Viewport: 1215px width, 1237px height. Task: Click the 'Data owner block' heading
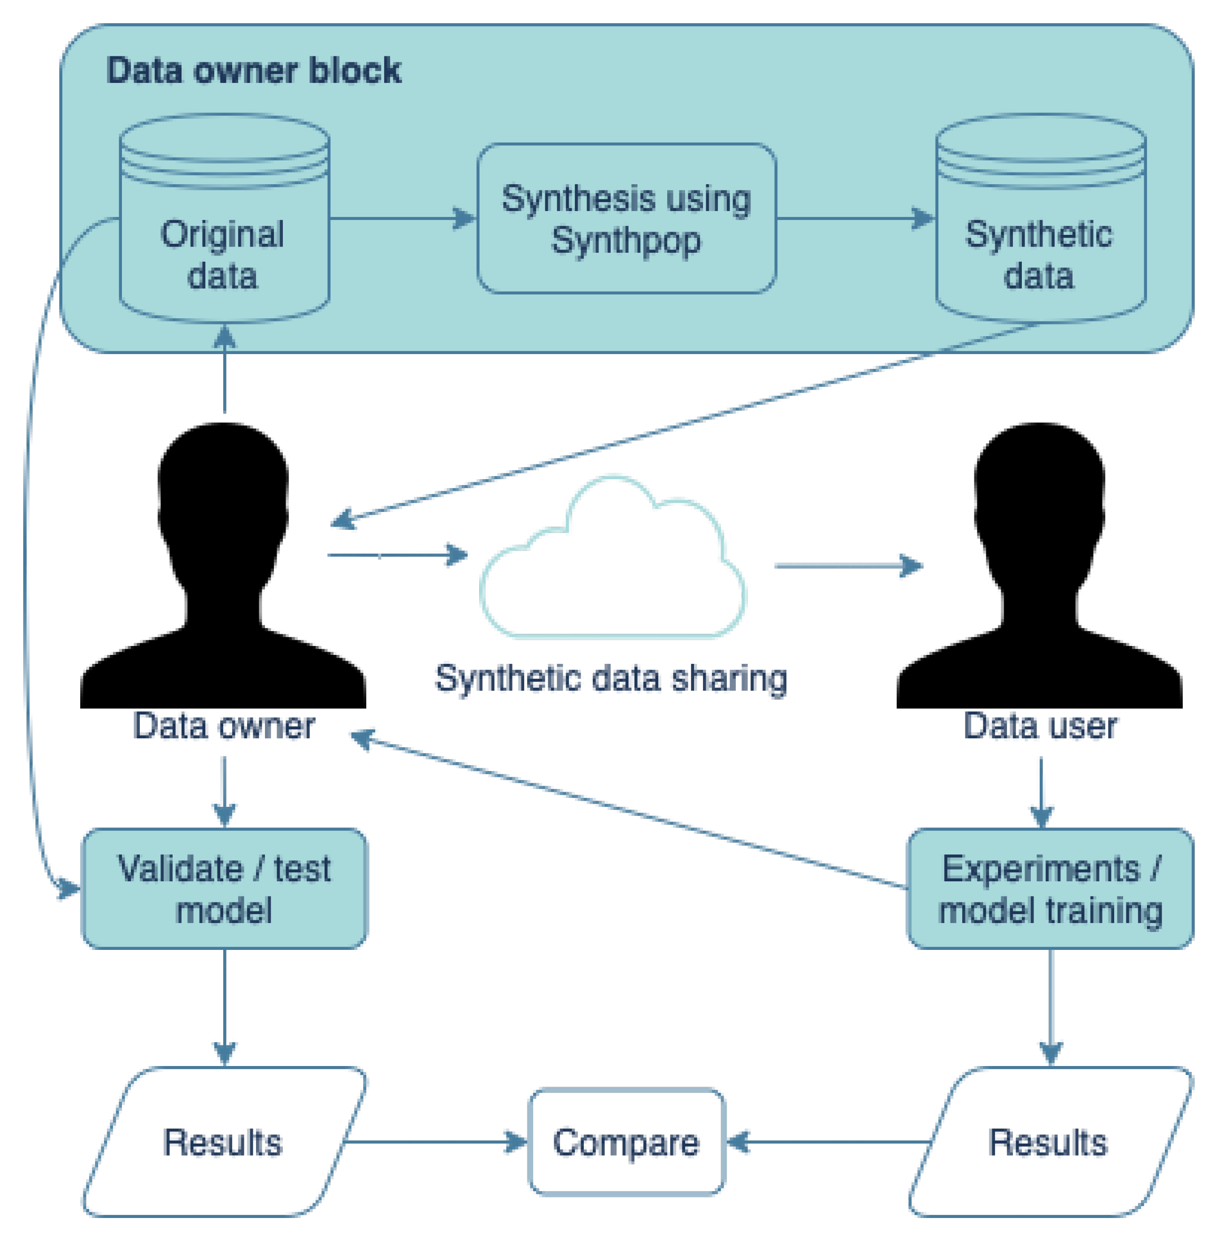pyautogui.click(x=253, y=70)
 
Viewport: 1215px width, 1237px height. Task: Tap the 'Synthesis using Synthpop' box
pyautogui.click(x=626, y=219)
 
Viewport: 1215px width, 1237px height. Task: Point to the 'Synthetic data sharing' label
pyautogui.click(x=611, y=678)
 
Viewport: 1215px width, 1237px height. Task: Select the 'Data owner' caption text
pyautogui.click(x=224, y=726)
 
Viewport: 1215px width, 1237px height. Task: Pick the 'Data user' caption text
pyautogui.click(x=1040, y=726)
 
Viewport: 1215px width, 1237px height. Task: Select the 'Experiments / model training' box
pyautogui.click(x=1050, y=889)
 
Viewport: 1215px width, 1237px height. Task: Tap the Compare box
pyautogui.click(x=627, y=1142)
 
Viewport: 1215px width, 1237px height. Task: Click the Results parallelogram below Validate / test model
pyautogui.click(x=224, y=1142)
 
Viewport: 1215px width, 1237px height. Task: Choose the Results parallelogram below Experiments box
pyautogui.click(x=1050, y=1142)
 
